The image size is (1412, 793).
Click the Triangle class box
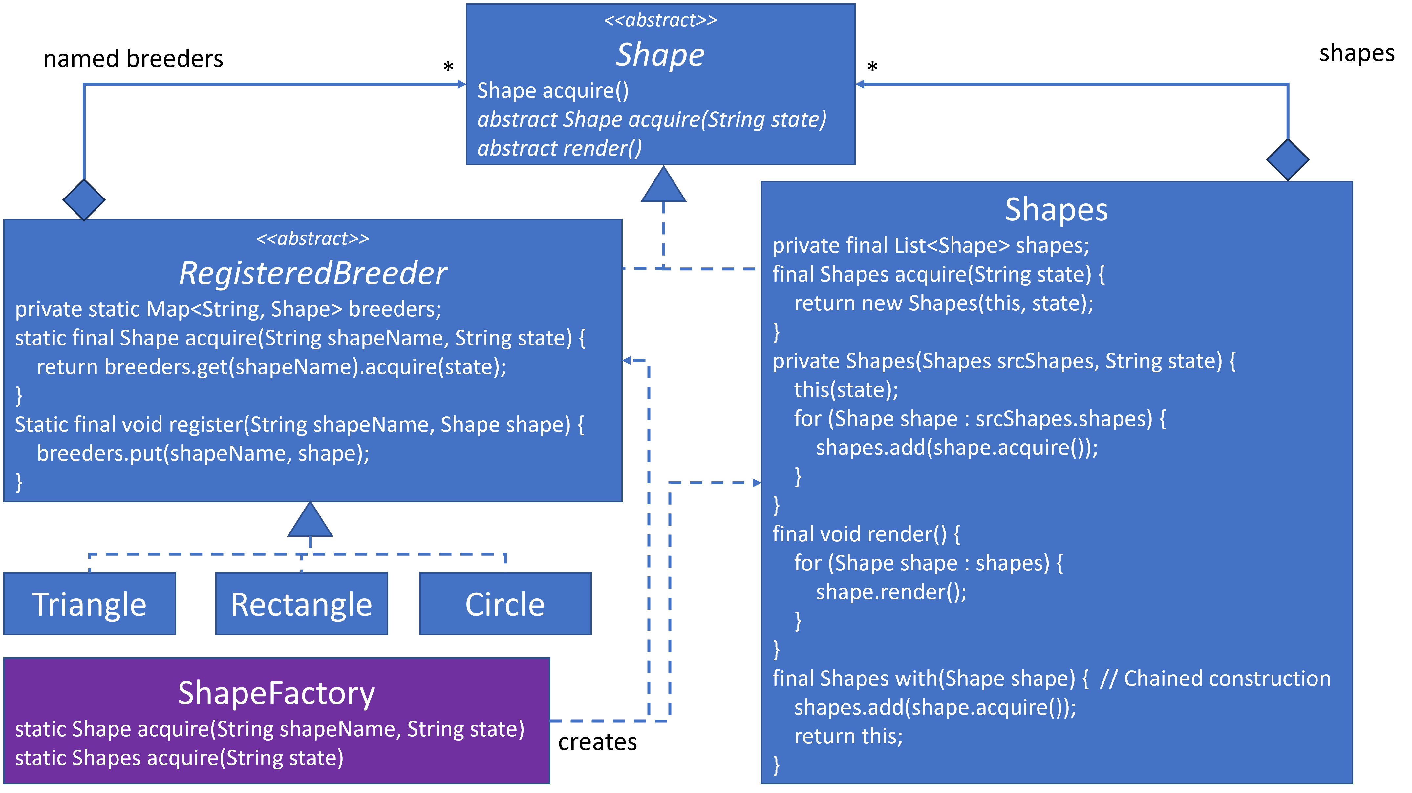[x=89, y=603]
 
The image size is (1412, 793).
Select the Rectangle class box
[x=302, y=603]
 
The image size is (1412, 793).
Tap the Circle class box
[x=505, y=603]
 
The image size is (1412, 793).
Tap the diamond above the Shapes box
[x=1288, y=159]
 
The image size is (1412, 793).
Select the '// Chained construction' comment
[x=1215, y=678]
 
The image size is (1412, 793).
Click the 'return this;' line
[x=848, y=736]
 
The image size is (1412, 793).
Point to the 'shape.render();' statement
[x=891, y=592]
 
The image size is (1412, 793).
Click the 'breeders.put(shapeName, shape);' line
[x=203, y=453]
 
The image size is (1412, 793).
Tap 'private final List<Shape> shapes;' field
[x=930, y=245]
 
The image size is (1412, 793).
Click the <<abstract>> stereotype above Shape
[x=660, y=20]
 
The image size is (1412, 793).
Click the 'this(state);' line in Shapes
[x=846, y=390]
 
